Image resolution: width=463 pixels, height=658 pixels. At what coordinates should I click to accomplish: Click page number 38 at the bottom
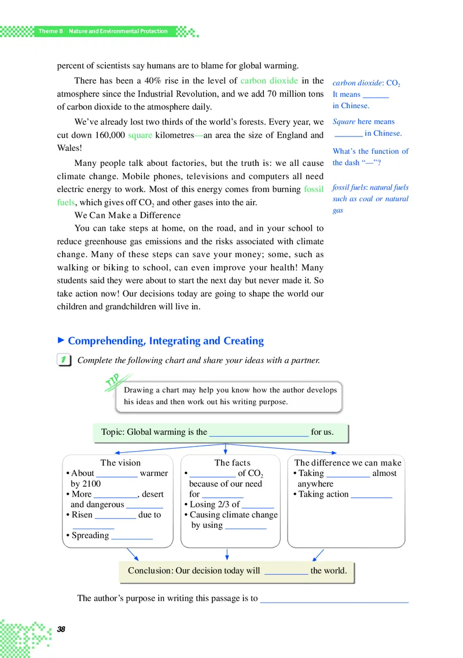click(61, 629)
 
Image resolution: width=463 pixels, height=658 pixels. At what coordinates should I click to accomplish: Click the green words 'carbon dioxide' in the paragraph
click(269, 81)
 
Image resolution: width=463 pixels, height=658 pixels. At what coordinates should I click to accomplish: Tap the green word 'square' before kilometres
click(139, 135)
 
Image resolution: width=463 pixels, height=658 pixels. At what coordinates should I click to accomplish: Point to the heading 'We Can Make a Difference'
click(128, 215)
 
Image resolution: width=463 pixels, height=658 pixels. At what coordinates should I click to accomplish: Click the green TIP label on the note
click(113, 382)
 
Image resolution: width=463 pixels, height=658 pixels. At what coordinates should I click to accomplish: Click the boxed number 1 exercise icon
click(65, 360)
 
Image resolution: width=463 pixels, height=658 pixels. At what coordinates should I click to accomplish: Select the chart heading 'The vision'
click(120, 463)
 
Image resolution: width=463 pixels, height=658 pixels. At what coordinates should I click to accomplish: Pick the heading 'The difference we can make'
click(347, 463)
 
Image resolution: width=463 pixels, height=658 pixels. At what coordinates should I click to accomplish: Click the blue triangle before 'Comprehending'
click(61, 341)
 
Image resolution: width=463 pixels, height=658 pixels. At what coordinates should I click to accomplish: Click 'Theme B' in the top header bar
click(50, 31)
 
